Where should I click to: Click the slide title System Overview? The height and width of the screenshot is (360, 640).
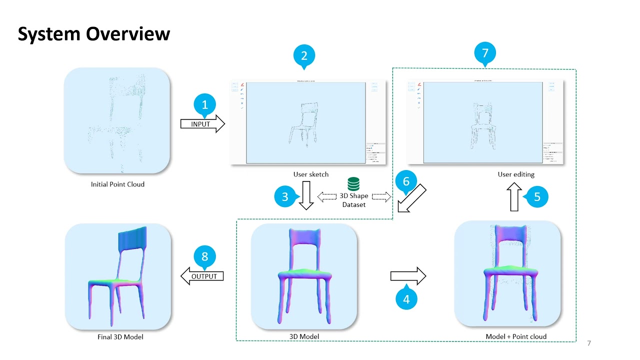94,34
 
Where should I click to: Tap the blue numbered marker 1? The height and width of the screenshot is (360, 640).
204,105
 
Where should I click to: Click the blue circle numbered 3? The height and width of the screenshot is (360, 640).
285,196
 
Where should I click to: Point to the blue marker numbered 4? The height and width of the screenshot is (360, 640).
406,299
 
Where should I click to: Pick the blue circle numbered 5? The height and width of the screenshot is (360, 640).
537,196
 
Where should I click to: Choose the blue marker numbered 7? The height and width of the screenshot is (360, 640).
484,52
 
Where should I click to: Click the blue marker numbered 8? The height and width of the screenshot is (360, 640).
204,257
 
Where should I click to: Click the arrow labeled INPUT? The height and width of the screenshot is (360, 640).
202,124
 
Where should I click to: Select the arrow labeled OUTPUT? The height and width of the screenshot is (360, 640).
202,276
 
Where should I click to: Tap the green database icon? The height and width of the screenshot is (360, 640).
353,184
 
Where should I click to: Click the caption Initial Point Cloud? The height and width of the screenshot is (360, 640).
117,184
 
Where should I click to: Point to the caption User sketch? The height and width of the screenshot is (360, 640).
311,174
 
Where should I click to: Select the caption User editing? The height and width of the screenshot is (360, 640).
516,174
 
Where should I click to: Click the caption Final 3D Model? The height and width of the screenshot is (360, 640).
120,337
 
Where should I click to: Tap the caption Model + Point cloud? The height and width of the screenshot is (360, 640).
516,336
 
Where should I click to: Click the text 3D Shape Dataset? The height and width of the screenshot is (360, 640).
354,200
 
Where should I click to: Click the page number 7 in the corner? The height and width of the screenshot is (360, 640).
589,343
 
